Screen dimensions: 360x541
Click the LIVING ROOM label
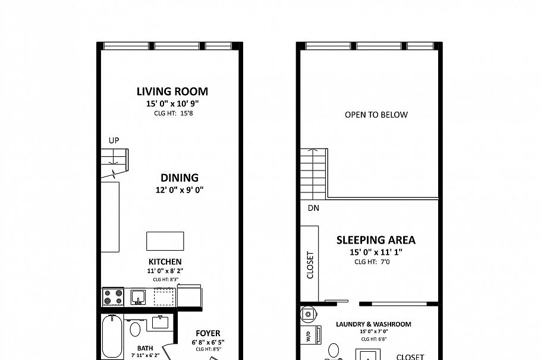[x=172, y=91]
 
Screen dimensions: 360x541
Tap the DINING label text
[x=179, y=178]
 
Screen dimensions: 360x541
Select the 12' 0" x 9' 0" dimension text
[x=179, y=190]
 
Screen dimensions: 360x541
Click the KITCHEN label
[x=165, y=261]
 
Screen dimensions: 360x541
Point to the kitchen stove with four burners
[x=114, y=296]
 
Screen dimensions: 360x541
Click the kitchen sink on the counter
[x=138, y=296]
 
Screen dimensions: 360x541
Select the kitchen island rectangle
[x=165, y=241]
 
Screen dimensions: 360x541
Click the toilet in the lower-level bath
[x=136, y=329]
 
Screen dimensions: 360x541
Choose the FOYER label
[x=206, y=333]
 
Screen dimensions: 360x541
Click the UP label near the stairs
[x=114, y=140]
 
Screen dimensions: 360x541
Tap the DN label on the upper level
[x=313, y=209]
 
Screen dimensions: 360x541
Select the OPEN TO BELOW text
[x=376, y=115]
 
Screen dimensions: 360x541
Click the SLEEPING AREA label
[x=376, y=241]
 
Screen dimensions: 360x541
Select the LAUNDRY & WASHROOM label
[x=373, y=324]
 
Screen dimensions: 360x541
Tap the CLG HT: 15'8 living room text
[x=172, y=113]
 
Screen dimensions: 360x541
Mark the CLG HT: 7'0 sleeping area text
[x=372, y=261]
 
